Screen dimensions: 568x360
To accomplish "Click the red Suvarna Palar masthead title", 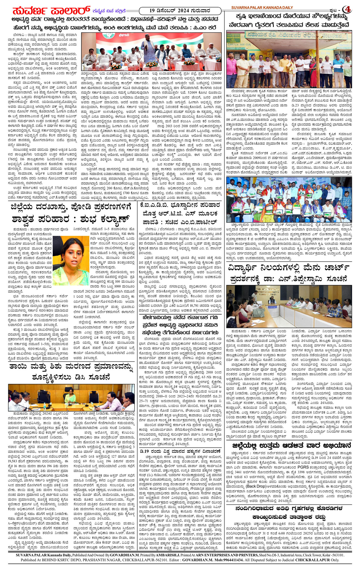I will (51, 11).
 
